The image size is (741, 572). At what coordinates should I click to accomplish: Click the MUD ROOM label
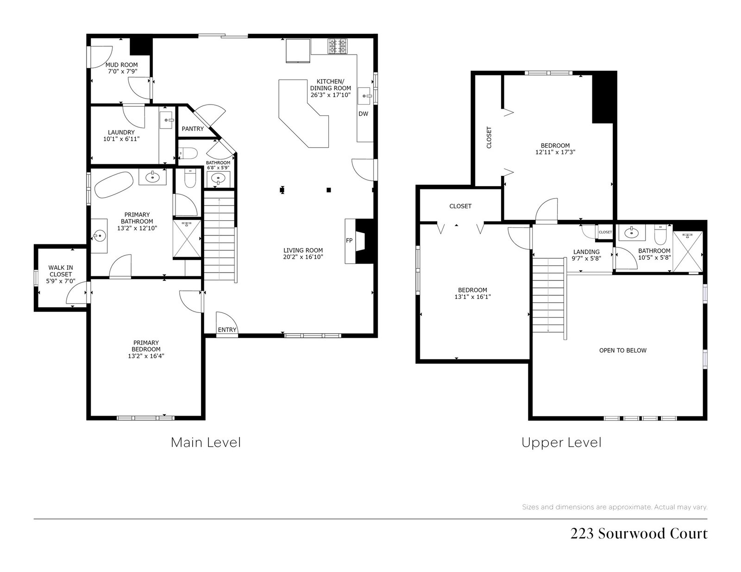[121, 65]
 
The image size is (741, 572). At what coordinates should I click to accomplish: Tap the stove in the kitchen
[338, 46]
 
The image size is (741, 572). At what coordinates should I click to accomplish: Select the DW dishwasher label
[363, 114]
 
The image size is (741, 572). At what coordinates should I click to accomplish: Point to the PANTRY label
[193, 129]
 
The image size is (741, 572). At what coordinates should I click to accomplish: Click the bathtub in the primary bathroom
[113, 185]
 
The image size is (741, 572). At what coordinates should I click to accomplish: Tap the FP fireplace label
[349, 241]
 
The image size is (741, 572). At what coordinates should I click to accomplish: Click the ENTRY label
[227, 330]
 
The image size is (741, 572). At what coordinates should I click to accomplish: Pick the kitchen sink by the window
[364, 96]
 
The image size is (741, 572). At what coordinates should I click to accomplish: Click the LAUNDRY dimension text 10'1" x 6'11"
[121, 139]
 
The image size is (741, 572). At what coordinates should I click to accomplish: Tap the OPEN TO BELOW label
[623, 350]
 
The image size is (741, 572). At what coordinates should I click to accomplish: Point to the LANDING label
[586, 252]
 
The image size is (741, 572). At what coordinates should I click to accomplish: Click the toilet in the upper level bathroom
[660, 235]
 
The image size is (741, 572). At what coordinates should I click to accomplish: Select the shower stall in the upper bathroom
[687, 251]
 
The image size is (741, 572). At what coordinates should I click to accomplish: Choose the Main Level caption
[206, 442]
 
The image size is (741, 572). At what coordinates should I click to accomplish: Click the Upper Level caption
[561, 443]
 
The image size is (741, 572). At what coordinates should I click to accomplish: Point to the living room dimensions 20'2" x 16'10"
[303, 257]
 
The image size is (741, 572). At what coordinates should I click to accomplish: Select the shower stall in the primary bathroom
[187, 239]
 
